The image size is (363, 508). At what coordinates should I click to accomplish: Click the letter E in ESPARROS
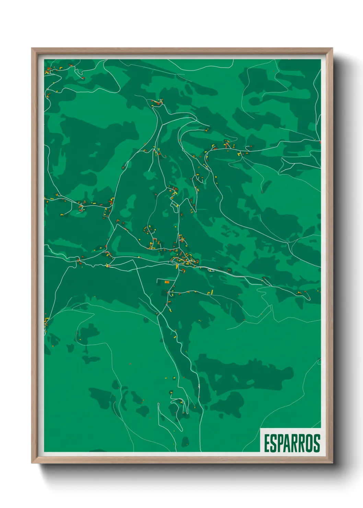pyautogui.click(x=267, y=443)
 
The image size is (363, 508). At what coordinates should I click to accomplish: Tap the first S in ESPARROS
pyautogui.click(x=273, y=443)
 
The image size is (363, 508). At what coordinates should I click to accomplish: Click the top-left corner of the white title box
pyautogui.click(x=260, y=428)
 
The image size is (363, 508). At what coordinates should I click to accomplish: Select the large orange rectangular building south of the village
pyautogui.click(x=167, y=282)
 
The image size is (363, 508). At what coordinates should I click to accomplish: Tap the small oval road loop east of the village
pyautogui.click(x=211, y=270)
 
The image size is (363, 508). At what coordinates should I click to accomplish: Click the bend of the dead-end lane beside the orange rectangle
pyautogui.click(x=157, y=280)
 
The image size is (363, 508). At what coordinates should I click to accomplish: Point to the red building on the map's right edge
pyautogui.click(x=320, y=142)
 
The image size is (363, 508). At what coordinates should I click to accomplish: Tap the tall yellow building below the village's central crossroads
pyautogui.click(x=177, y=266)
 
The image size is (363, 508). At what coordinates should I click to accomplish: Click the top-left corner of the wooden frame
pyautogui.click(x=32, y=48)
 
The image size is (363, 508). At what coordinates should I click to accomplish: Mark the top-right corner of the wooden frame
pyautogui.click(x=332, y=48)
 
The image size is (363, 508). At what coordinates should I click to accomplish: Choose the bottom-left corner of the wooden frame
pyautogui.click(x=32, y=463)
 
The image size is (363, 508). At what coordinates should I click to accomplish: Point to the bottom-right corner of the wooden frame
pyautogui.click(x=332, y=463)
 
